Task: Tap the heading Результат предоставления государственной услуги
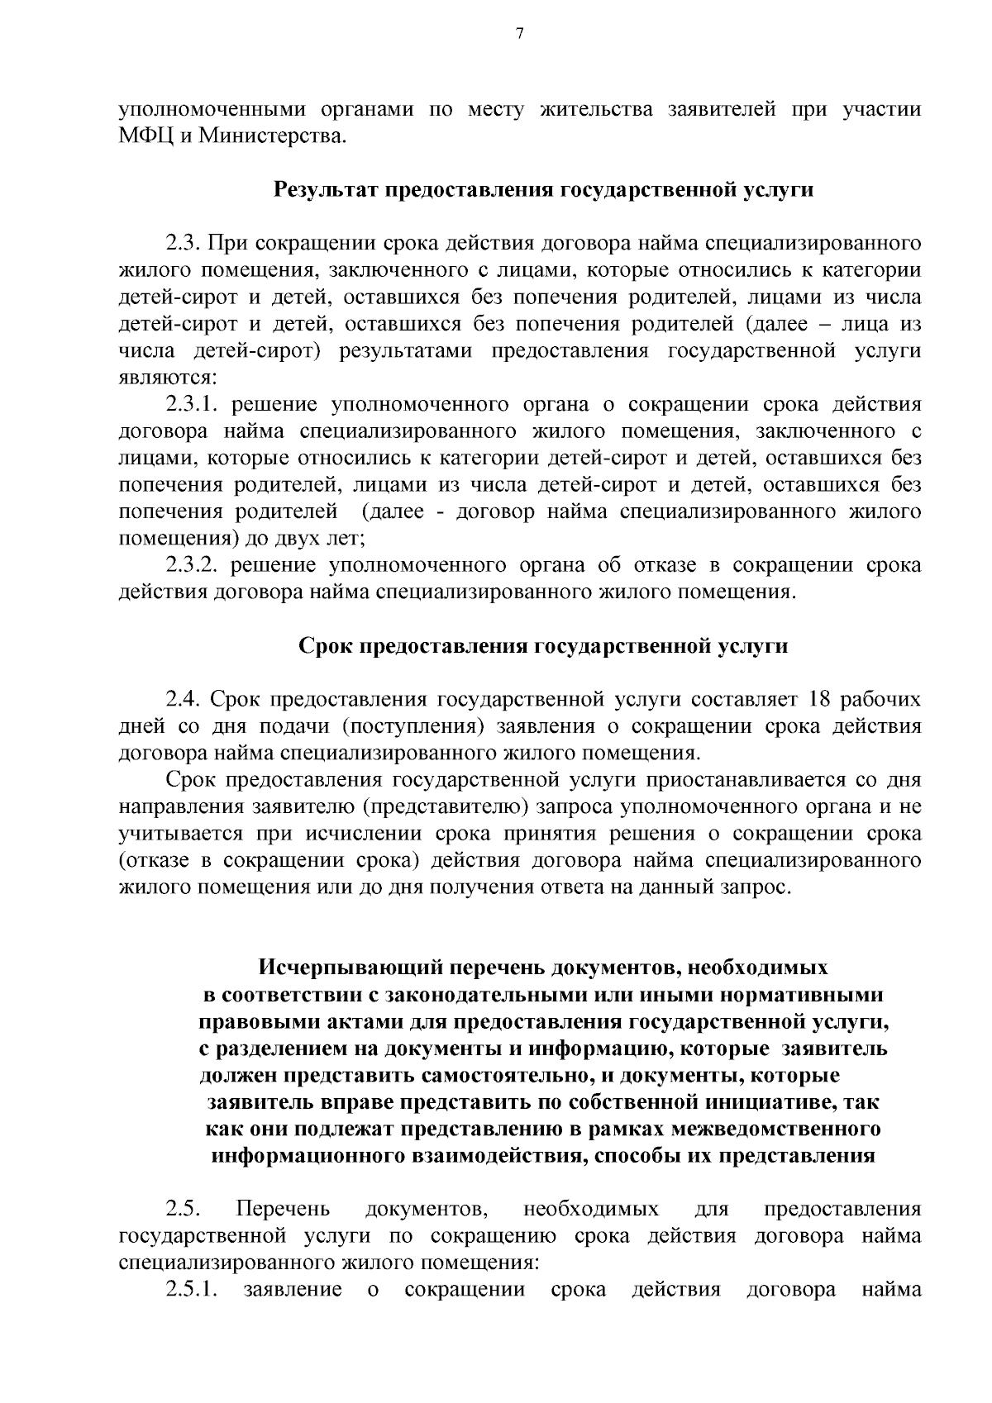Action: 543,190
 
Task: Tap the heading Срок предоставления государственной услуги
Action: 543,646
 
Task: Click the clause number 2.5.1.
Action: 191,1290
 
